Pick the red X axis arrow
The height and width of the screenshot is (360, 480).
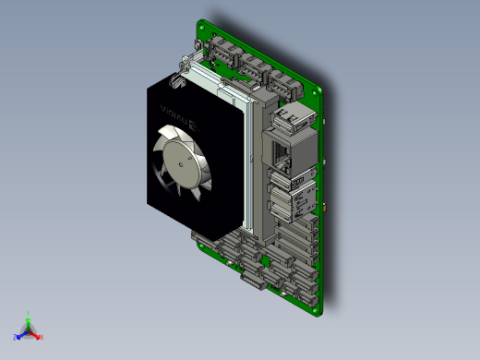(x=37, y=335)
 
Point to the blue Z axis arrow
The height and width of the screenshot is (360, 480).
(x=21, y=335)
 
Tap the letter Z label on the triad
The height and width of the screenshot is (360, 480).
(x=15, y=338)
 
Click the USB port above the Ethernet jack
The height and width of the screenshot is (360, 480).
(x=285, y=118)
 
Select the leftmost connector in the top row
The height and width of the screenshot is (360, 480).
(x=223, y=52)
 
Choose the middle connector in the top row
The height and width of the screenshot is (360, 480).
(x=251, y=66)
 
